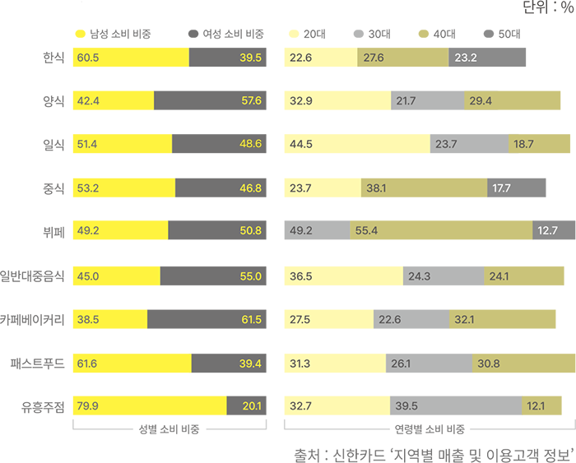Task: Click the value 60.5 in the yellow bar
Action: (87, 57)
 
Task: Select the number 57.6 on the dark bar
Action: (250, 100)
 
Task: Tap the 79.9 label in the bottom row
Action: (87, 405)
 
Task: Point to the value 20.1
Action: (252, 405)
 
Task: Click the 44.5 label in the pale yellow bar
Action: (301, 144)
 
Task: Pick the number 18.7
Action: (523, 144)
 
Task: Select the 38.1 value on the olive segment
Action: (376, 188)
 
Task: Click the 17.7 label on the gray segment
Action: (500, 188)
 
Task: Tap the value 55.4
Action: (366, 231)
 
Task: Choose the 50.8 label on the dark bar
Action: (250, 231)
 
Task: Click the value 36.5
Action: (301, 276)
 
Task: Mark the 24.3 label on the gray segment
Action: (419, 276)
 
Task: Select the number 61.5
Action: (250, 320)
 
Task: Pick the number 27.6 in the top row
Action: (374, 57)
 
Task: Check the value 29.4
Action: (481, 100)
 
